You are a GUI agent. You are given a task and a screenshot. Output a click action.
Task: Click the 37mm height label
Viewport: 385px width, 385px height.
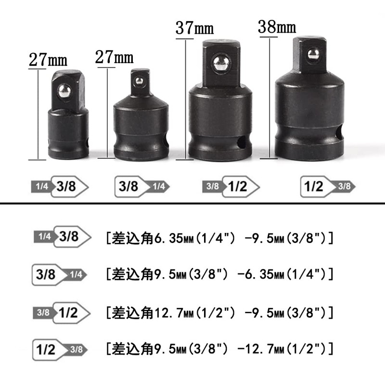[193, 27]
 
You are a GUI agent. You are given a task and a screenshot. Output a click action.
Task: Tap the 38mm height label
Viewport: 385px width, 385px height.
[276, 26]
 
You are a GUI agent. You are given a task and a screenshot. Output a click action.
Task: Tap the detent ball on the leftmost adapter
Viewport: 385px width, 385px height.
[64, 92]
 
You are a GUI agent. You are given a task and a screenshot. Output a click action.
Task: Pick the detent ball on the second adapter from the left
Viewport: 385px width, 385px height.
[140, 81]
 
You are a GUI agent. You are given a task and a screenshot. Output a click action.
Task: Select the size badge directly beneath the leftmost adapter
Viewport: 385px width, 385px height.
[60, 187]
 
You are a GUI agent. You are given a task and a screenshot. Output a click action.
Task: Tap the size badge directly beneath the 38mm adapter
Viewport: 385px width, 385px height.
[327, 187]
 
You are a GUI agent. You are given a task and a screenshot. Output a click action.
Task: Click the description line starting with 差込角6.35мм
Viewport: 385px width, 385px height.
[219, 238]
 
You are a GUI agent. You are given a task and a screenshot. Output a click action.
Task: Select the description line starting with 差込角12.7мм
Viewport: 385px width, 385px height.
[219, 313]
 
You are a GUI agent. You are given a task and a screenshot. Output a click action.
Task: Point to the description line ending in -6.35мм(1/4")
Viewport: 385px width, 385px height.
[219, 275]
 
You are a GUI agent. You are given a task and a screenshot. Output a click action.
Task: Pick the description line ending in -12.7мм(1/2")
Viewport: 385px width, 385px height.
[219, 348]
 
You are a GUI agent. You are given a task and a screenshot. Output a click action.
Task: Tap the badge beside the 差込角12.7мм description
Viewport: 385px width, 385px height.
[61, 313]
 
